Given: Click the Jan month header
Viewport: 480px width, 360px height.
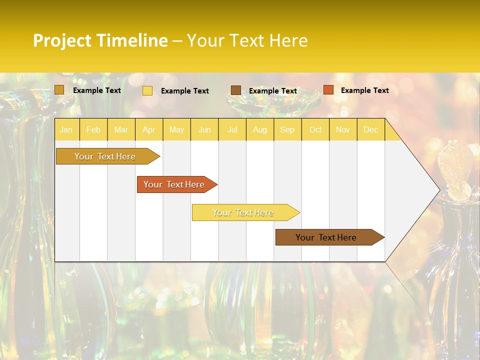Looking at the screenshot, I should (x=66, y=130).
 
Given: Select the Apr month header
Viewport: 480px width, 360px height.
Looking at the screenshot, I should (x=148, y=130).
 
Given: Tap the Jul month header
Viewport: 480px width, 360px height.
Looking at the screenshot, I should (x=232, y=130).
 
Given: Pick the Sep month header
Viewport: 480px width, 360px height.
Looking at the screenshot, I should (x=287, y=130).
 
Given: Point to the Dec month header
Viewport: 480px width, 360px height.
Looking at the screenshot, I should (x=370, y=130).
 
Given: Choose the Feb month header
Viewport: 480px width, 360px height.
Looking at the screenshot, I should (x=93, y=130).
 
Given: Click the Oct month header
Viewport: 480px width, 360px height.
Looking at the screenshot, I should (x=315, y=130).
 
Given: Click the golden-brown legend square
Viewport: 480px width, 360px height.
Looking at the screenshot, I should (x=59, y=90).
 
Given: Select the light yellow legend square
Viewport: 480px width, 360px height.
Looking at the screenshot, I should (x=147, y=90).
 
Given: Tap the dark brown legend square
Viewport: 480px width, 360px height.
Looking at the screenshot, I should (x=236, y=90).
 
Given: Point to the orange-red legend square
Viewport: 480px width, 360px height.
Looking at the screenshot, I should (x=328, y=90).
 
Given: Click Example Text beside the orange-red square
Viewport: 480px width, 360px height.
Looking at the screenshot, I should (x=364, y=90).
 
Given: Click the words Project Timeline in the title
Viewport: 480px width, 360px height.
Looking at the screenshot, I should (x=100, y=40).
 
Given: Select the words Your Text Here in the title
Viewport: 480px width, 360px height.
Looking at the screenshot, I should (x=247, y=40).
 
